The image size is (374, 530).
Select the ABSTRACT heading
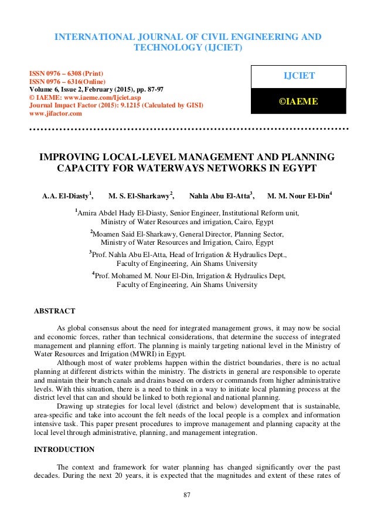click(x=55, y=310)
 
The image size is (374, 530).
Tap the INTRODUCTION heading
click(x=64, y=450)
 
